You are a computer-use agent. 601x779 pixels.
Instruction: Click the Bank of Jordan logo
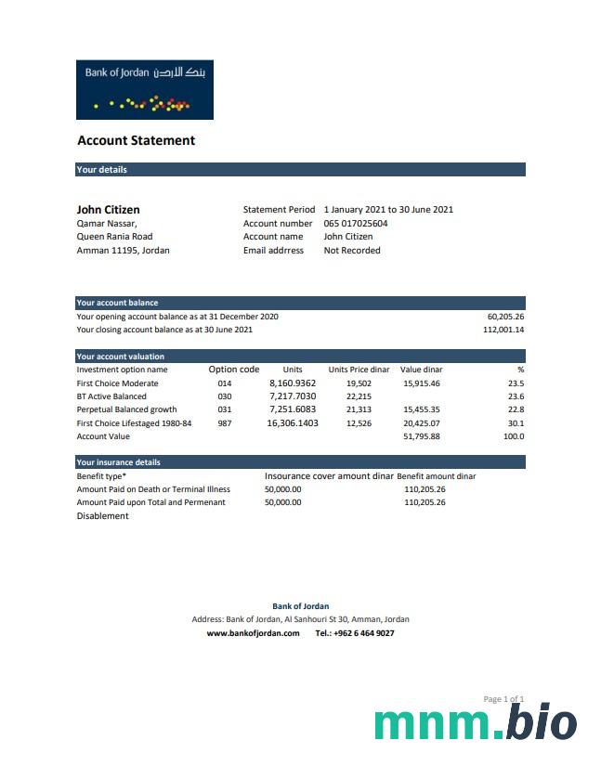[x=144, y=89]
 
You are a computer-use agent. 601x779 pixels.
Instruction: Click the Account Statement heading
[x=136, y=141]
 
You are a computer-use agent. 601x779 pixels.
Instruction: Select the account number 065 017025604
[x=356, y=224]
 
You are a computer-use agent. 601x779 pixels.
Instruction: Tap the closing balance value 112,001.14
[x=503, y=330]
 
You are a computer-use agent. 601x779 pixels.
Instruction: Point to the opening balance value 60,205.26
[x=505, y=317]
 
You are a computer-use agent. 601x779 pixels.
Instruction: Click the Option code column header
[x=234, y=370]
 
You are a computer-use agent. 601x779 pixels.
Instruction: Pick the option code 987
[x=225, y=423]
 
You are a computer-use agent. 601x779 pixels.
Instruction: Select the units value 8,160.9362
[x=293, y=383]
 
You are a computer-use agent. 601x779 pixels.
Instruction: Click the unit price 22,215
[x=359, y=396]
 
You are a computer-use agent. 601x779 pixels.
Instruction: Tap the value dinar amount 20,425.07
[x=422, y=423]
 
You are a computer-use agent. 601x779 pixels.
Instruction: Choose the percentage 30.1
[x=516, y=423]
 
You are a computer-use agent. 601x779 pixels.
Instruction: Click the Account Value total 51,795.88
[x=422, y=436]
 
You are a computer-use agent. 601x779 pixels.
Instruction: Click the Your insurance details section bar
[x=300, y=462]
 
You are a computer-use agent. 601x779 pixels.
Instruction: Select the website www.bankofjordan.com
[x=253, y=633]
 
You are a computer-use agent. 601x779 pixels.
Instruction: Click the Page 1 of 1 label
[x=503, y=699]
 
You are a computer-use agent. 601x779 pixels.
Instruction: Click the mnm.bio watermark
[x=476, y=724]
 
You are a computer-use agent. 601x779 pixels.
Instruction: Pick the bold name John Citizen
[x=108, y=210]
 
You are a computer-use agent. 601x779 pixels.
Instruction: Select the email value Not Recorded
[x=352, y=251]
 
